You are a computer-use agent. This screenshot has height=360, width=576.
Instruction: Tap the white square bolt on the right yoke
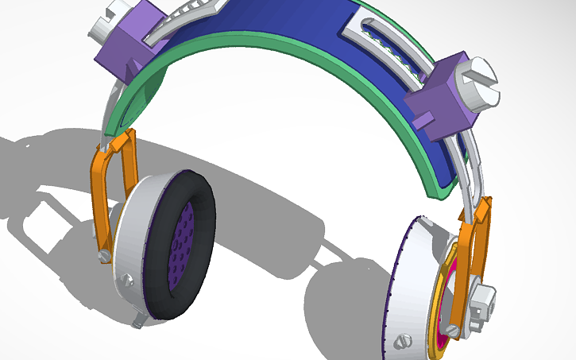pyautogui.click(x=481, y=302)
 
